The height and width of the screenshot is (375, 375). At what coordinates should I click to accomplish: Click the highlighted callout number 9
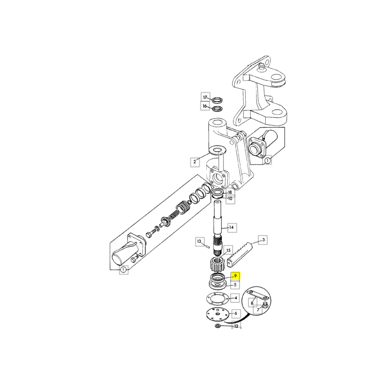(x=235, y=276)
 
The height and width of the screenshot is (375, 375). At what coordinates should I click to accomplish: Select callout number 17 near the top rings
(x=205, y=97)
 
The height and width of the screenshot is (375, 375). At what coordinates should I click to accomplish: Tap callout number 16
(x=205, y=106)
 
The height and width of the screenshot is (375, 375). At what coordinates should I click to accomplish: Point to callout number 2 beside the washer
(x=195, y=162)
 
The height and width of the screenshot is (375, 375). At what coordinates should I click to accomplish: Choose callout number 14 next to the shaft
(x=231, y=227)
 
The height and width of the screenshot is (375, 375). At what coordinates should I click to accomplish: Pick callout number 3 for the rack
(x=263, y=240)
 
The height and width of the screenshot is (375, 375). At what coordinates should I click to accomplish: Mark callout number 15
(x=228, y=250)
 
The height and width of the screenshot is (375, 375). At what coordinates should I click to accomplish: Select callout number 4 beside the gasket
(x=236, y=298)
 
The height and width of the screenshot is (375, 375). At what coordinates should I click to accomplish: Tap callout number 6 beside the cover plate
(x=236, y=313)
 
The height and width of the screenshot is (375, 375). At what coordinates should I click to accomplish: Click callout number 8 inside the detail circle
(x=252, y=303)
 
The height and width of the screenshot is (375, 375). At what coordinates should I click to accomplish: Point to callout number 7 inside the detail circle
(x=258, y=310)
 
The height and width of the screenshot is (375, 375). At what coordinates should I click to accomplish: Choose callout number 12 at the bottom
(x=236, y=326)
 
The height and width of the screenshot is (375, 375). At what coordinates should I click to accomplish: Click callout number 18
(x=230, y=193)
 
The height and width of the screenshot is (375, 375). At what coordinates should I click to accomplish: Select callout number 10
(x=230, y=199)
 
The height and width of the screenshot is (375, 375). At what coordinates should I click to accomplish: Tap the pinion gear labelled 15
(x=217, y=265)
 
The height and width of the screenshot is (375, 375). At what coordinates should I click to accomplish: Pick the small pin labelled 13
(x=207, y=246)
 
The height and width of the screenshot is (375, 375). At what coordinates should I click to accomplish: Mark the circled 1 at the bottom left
(x=123, y=270)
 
